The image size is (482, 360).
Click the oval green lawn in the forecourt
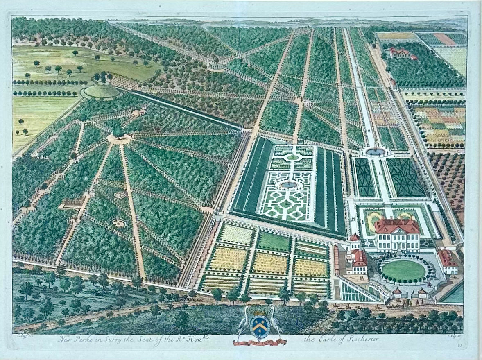(x=403, y=271)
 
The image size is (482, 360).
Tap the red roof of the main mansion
(x=396, y=225)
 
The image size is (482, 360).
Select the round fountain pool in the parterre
(x=289, y=185)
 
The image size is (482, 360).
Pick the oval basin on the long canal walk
(x=375, y=152)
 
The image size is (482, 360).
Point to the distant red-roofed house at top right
(x=400, y=53)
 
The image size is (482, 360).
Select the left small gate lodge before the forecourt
(x=397, y=292)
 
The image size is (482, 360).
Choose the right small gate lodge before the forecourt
(x=423, y=292)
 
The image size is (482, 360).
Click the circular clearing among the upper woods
(x=216, y=66)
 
